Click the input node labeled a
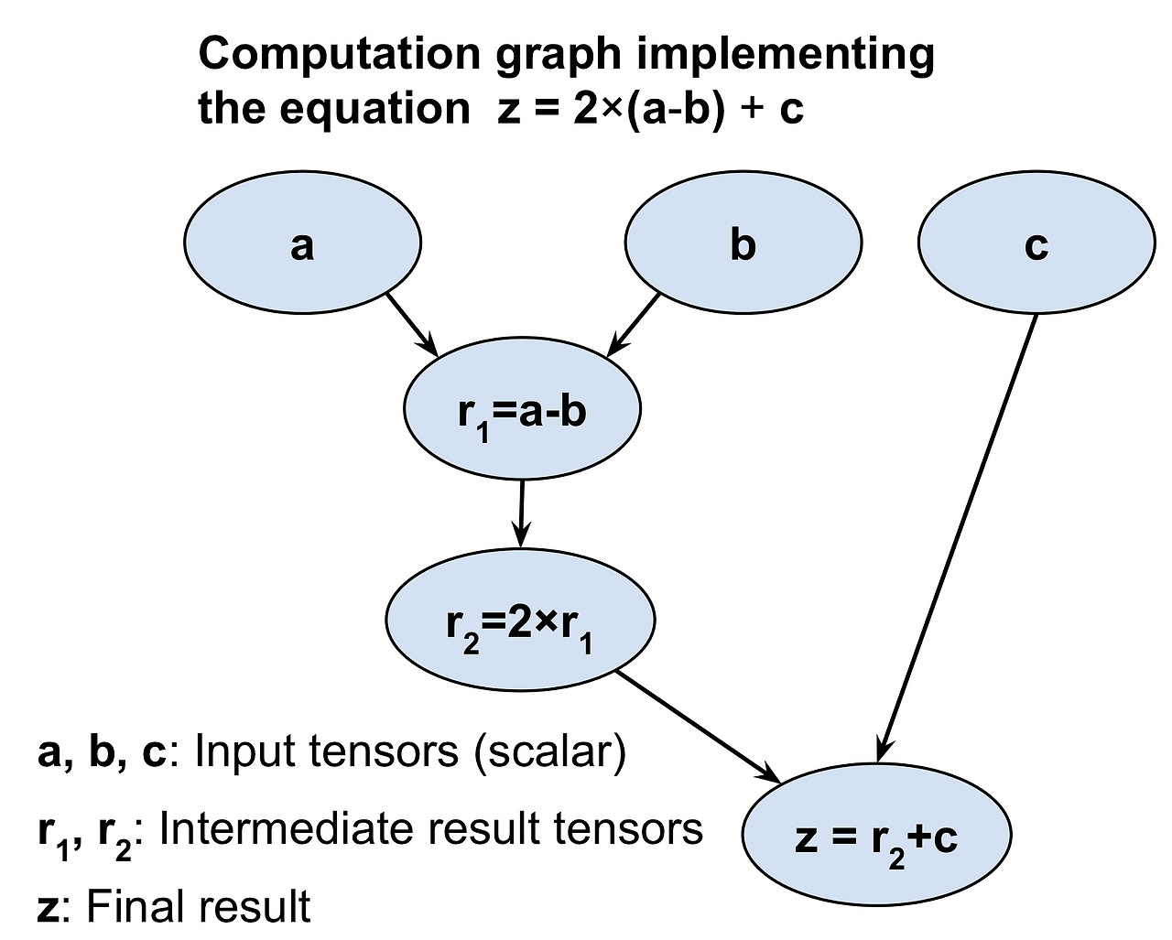click(x=302, y=243)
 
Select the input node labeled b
click(x=743, y=243)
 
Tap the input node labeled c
click(x=1036, y=243)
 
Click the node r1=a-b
click(x=522, y=411)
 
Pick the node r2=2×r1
click(x=520, y=622)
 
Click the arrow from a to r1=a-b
click(x=411, y=323)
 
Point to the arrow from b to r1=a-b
click(x=635, y=323)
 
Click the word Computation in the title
click(x=339, y=55)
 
